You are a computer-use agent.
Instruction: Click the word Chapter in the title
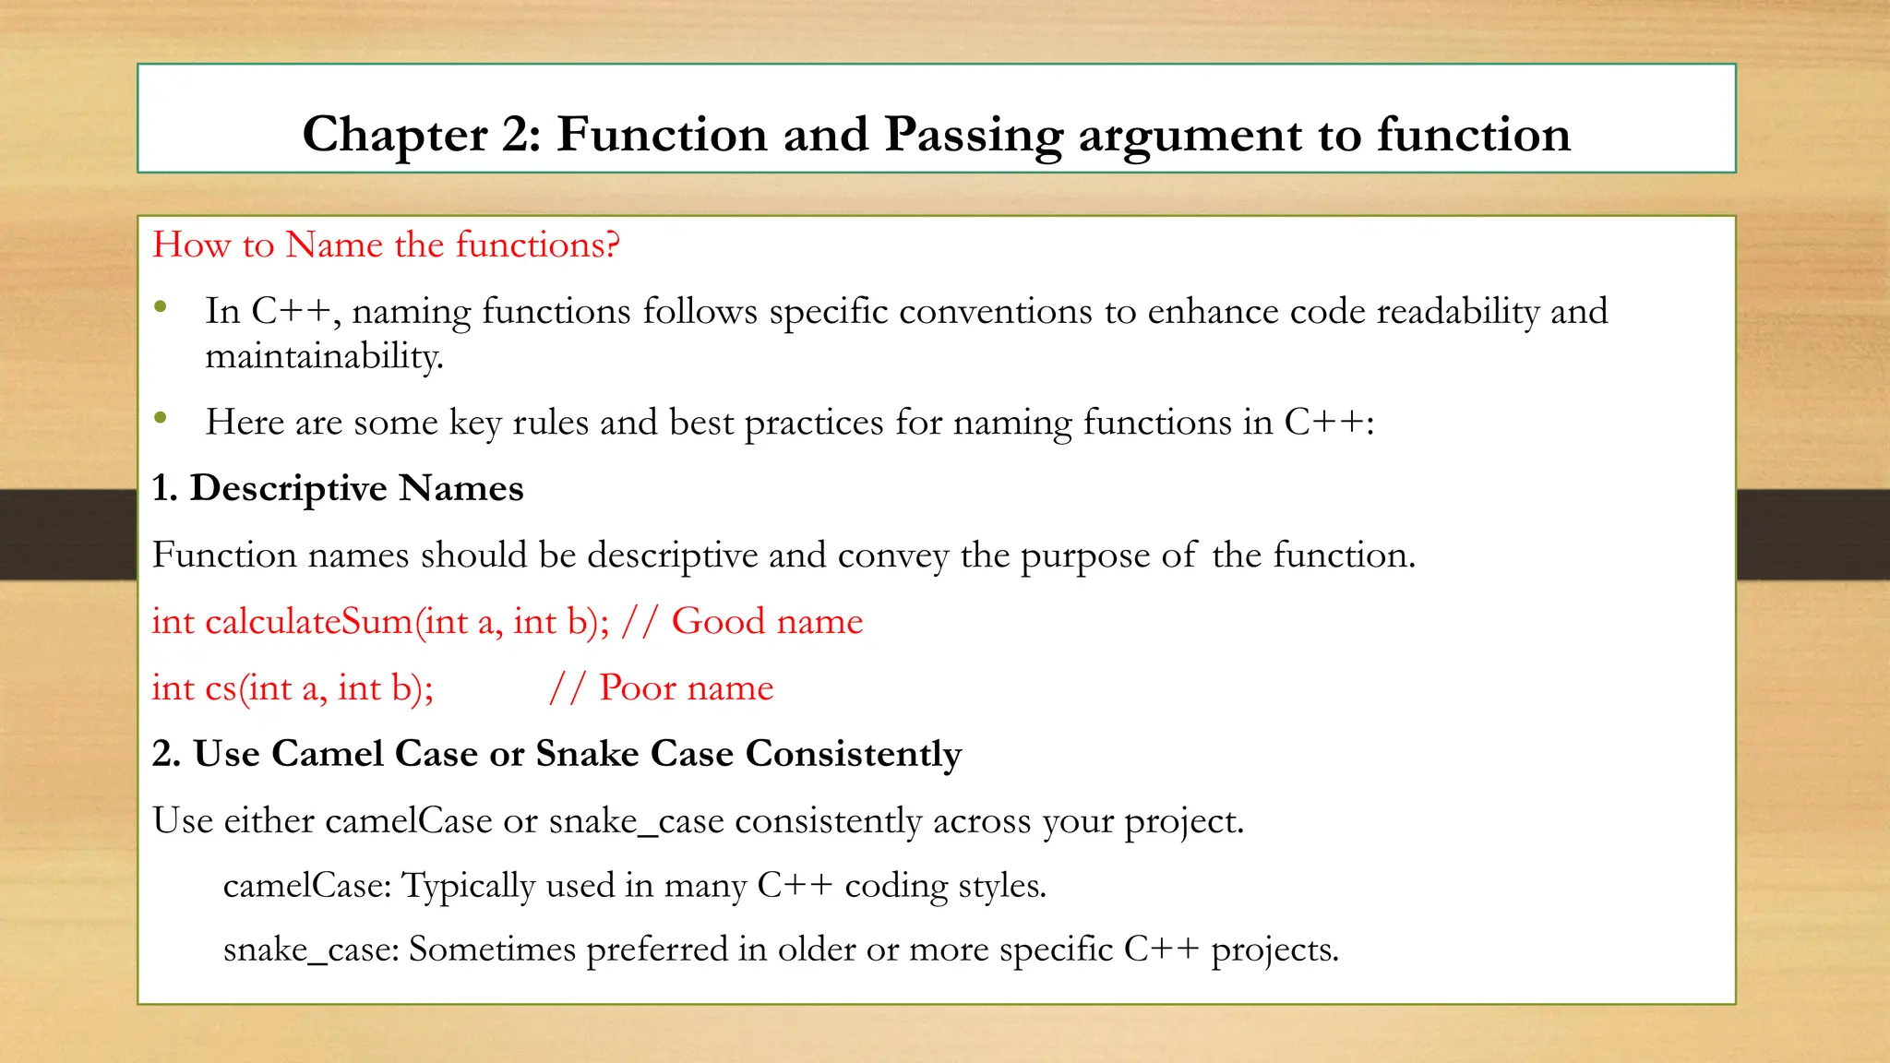tap(395, 135)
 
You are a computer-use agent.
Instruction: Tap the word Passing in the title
tap(973, 135)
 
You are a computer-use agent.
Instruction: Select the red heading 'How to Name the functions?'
tap(386, 245)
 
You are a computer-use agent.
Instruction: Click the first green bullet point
tap(161, 307)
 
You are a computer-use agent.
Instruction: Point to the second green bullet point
tap(161, 418)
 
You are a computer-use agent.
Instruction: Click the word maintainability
tap(324, 356)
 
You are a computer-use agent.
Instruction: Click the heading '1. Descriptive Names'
tap(338, 488)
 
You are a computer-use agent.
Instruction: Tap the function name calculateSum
tap(308, 621)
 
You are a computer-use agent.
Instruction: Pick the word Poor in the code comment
tap(638, 687)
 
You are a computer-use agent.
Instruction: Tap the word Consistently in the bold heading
tap(853, 754)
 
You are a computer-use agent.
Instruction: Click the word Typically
tap(469, 886)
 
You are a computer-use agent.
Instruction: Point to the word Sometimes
tap(492, 950)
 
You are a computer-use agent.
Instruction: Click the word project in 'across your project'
tap(1182, 821)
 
